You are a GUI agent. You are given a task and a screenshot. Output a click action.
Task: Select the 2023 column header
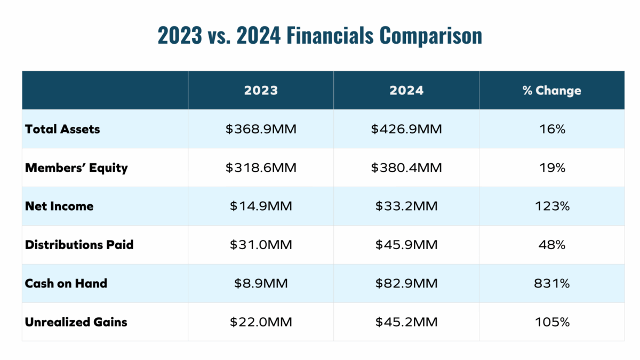[261, 90]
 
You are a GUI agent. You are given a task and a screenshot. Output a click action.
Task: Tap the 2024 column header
[406, 90]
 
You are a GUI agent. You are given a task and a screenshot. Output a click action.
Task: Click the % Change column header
[551, 90]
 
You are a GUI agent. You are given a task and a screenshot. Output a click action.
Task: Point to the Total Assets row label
[62, 129]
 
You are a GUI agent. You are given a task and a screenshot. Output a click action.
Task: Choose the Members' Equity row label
[76, 167]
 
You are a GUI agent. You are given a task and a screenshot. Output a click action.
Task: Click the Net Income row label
[59, 206]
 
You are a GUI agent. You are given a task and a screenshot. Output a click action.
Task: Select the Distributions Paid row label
[79, 245]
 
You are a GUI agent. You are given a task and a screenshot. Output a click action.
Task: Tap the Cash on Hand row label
[66, 283]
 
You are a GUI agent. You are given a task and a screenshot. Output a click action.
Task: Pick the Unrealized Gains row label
[76, 322]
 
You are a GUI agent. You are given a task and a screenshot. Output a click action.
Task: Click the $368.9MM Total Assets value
[261, 129]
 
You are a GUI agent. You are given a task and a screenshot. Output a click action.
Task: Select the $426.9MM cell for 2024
[406, 129]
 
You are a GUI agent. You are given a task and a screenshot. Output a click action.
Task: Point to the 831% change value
[551, 283]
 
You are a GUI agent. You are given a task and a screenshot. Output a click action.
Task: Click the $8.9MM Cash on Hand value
[261, 283]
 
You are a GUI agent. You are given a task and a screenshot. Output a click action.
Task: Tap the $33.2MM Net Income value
[406, 206]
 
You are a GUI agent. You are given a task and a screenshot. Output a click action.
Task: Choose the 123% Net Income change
[551, 206]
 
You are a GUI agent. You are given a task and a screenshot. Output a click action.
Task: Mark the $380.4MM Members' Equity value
[406, 167]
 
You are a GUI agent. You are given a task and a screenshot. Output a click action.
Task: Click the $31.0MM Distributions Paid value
[261, 245]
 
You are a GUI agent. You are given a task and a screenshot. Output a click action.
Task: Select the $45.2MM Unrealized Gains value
[406, 322]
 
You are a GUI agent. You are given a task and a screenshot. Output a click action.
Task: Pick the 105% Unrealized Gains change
[551, 322]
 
